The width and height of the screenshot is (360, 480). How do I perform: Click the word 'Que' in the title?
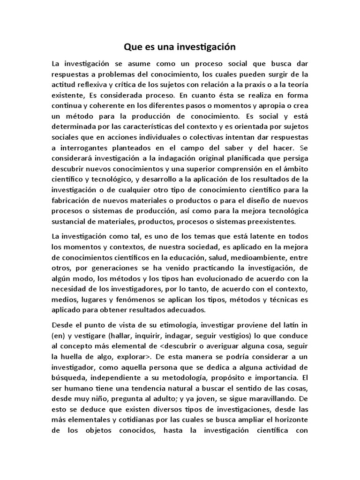(132, 47)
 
